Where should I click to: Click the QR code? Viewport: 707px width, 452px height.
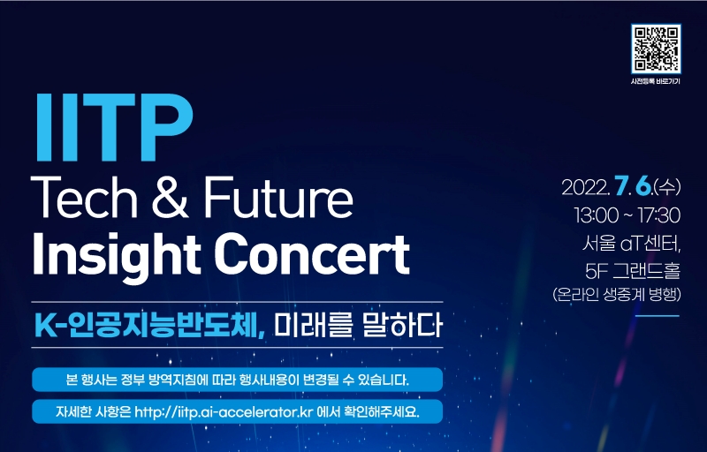pyautogui.click(x=656, y=49)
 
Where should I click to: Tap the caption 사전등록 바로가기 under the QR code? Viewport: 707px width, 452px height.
pyautogui.click(x=655, y=81)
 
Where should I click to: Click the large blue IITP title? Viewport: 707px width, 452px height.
pyautogui.click(x=114, y=127)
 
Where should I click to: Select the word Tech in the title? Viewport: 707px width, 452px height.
pyautogui.click(x=84, y=198)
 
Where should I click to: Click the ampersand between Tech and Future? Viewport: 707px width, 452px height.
pyautogui.click(x=170, y=198)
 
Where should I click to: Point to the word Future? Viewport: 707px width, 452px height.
pyautogui.click(x=278, y=198)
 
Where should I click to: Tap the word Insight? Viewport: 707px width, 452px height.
pyautogui.click(x=117, y=255)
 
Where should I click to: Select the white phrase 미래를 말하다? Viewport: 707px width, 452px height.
pyautogui.click(x=359, y=325)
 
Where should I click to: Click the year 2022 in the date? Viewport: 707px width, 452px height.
pyautogui.click(x=586, y=187)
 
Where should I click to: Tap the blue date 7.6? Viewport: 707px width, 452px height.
pyautogui.click(x=633, y=186)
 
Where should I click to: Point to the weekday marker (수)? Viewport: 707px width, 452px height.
pyautogui.click(x=667, y=187)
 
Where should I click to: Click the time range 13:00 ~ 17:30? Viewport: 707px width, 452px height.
pyautogui.click(x=627, y=215)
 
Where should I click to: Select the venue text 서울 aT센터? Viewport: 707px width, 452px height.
pyautogui.click(x=631, y=244)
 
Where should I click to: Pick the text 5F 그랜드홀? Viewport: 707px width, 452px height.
pyautogui.click(x=633, y=270)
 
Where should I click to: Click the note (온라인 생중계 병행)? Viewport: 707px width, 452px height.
pyautogui.click(x=616, y=295)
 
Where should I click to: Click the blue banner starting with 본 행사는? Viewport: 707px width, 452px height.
pyautogui.click(x=237, y=380)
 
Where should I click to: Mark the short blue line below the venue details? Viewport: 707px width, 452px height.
pyautogui.click(x=658, y=316)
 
